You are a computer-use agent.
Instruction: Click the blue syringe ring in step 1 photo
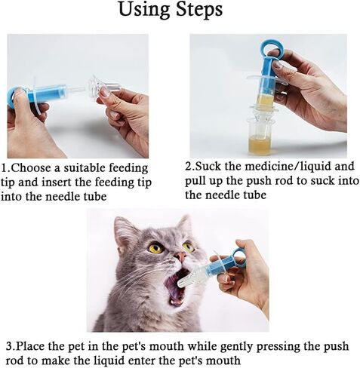(13, 97)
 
